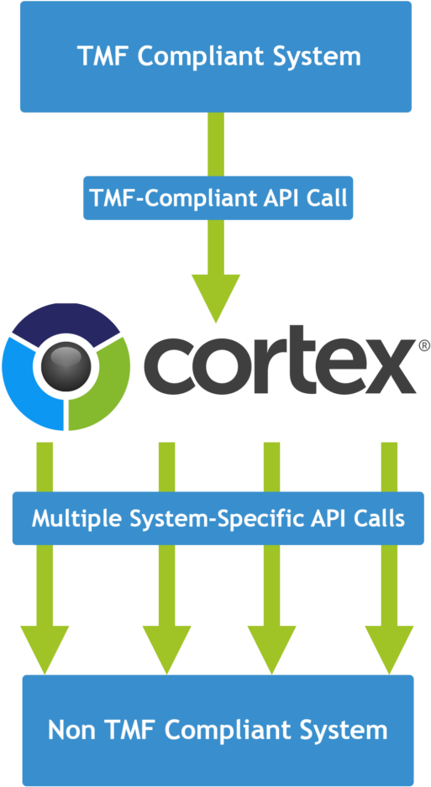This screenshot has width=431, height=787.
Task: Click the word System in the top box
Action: click(x=318, y=56)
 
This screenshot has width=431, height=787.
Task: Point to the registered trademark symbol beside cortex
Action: click(x=423, y=345)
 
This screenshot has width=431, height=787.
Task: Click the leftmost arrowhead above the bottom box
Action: click(x=45, y=650)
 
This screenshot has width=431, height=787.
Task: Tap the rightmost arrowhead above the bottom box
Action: click(x=389, y=650)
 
